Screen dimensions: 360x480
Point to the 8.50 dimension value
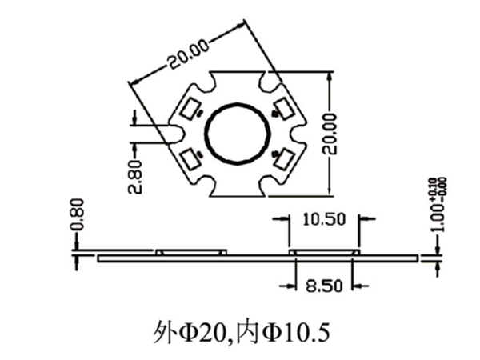325,284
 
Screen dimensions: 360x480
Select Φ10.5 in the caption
288,329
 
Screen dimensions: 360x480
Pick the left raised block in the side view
192,252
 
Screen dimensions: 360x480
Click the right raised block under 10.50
325,252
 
